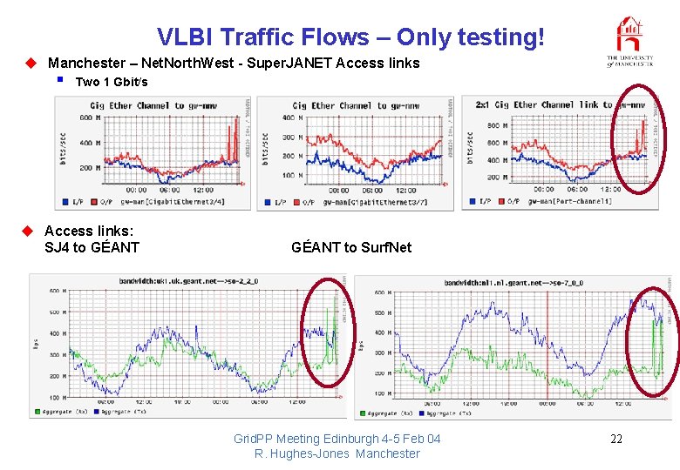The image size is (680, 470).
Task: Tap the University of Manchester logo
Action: (629, 42)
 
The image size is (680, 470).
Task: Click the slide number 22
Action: (616, 439)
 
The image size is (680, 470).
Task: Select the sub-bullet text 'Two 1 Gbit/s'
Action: (112, 83)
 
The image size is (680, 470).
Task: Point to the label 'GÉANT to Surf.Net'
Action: (351, 247)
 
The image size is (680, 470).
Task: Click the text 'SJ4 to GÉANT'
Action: (92, 247)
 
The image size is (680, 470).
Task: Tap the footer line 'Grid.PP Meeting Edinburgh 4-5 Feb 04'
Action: (337, 439)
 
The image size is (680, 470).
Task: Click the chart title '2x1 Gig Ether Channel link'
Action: (536, 105)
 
